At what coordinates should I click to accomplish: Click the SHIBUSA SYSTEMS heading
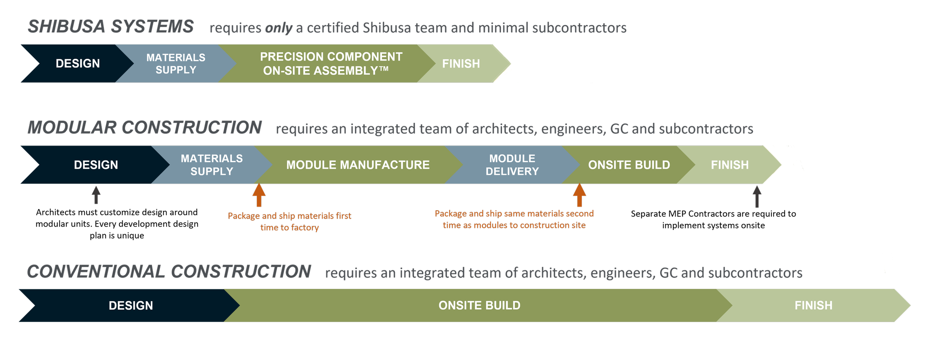click(111, 27)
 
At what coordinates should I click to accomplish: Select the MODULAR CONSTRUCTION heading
click(144, 127)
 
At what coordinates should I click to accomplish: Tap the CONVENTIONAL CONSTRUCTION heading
click(169, 271)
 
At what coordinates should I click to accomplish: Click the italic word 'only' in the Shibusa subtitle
click(279, 28)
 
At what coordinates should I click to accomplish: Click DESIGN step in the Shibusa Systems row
click(78, 63)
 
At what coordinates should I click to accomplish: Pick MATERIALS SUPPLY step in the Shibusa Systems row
click(176, 63)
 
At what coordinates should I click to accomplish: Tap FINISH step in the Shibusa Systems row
click(461, 63)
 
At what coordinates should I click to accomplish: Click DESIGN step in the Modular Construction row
click(96, 165)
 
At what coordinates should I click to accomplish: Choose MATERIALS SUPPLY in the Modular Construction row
click(212, 165)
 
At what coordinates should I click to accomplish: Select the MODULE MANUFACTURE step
click(358, 165)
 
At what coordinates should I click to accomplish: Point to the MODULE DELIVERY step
click(512, 165)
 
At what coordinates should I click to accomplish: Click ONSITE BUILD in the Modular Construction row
click(629, 165)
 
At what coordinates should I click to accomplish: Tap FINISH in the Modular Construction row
click(730, 165)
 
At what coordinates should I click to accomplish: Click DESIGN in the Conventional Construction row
click(131, 305)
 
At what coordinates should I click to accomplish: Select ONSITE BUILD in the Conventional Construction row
click(479, 305)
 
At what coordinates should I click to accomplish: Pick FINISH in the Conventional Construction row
click(813, 305)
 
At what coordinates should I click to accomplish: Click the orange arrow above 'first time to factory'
click(259, 195)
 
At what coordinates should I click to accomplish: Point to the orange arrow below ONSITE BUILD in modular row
click(579, 195)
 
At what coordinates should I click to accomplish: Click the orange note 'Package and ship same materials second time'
click(514, 219)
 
